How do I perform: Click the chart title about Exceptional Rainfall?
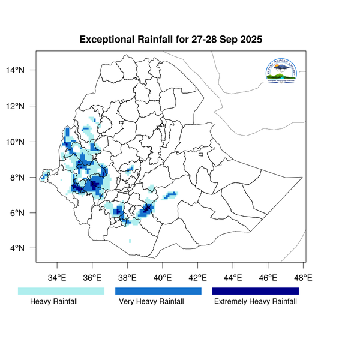(x=171, y=40)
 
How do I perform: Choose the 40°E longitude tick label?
(x=163, y=277)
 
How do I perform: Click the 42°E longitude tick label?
(x=197, y=277)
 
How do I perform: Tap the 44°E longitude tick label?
(x=233, y=277)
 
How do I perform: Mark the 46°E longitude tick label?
(x=268, y=277)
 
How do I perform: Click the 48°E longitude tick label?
(x=303, y=277)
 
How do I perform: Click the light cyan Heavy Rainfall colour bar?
(x=62, y=291)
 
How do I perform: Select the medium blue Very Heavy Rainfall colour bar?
(x=158, y=291)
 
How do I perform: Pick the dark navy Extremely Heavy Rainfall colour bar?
(x=256, y=291)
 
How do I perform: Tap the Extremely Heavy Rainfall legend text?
(x=256, y=302)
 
